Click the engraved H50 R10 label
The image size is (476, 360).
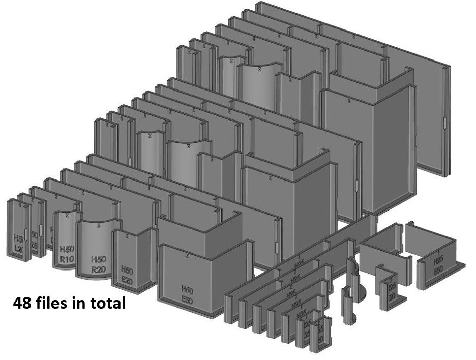coord(67,254)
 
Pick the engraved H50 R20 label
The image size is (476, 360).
coord(98,264)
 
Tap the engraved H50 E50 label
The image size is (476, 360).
coord(187,294)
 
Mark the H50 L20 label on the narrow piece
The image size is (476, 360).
coord(19,244)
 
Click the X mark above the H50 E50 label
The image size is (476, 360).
coord(187,254)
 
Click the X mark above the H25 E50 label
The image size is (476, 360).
coord(438,252)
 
